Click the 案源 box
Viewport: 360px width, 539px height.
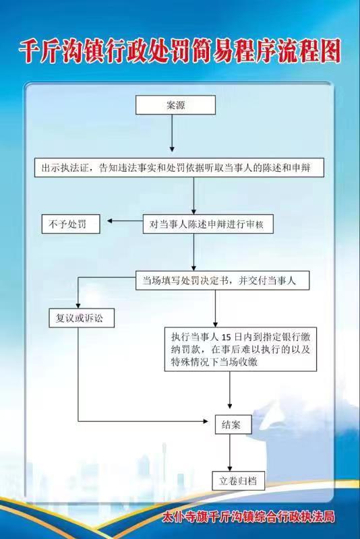click(175, 105)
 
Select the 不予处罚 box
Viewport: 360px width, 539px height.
click(71, 224)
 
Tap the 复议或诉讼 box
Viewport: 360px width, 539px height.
click(82, 318)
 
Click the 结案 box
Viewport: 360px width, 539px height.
click(233, 424)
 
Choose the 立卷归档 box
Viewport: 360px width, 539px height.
click(238, 480)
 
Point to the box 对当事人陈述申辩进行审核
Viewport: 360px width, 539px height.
click(208, 224)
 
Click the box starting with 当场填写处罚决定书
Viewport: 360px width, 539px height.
click(222, 280)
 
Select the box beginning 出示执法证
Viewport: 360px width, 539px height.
click(179, 168)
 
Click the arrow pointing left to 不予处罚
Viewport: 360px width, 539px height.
click(125, 221)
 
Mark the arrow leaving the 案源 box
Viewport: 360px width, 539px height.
click(172, 133)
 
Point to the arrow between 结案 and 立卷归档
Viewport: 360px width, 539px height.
click(230, 452)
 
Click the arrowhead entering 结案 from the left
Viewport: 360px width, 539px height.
click(206, 421)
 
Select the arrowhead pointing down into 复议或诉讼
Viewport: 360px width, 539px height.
click(78, 306)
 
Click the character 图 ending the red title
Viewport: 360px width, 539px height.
click(328, 52)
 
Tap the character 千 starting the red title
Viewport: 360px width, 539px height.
click(29, 52)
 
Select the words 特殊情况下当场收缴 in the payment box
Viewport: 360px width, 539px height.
click(214, 362)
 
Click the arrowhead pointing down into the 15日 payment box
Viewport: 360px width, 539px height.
click(216, 324)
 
